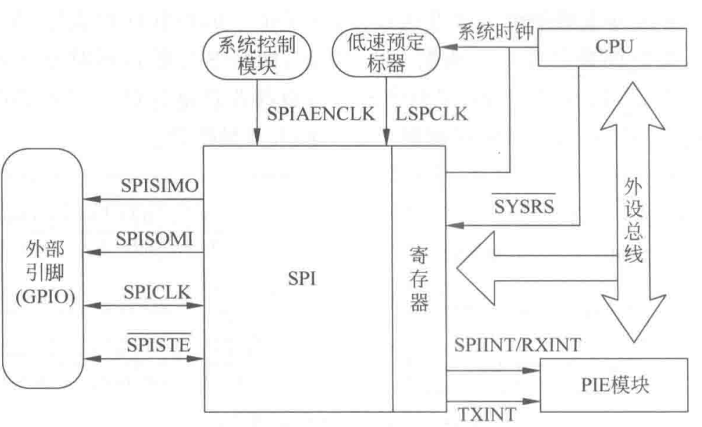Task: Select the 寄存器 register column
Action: tap(419, 281)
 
